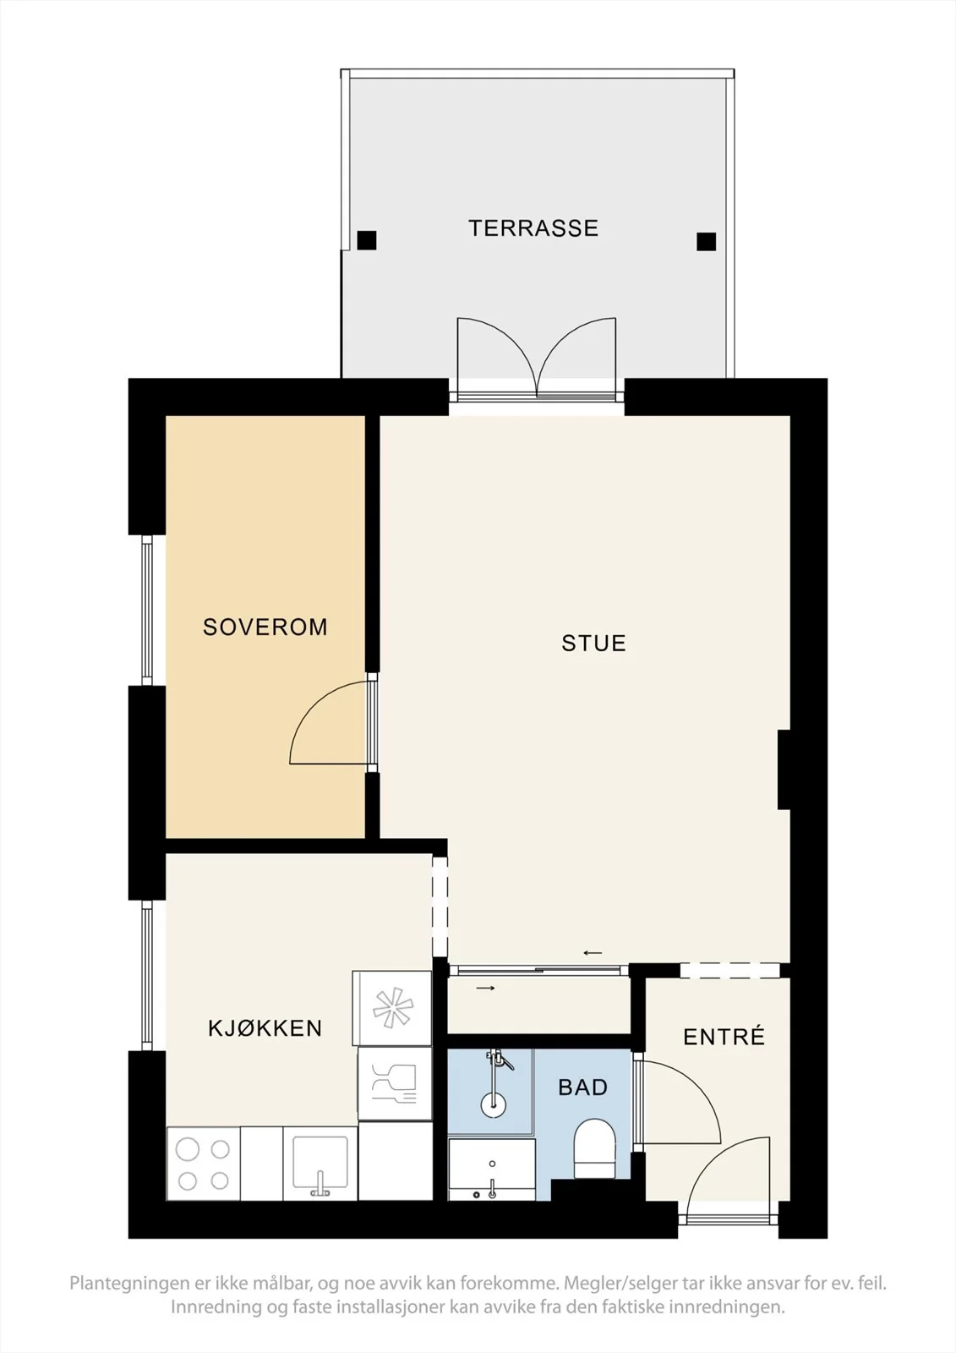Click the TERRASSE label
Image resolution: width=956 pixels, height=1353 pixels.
[533, 228]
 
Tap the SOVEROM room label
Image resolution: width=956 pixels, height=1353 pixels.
[265, 627]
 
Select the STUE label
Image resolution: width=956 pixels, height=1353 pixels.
[593, 644]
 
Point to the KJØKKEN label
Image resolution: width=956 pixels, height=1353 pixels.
[265, 1028]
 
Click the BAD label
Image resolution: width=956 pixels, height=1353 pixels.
[582, 1087]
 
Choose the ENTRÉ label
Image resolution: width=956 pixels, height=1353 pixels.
[724, 1037]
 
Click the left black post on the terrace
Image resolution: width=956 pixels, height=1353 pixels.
[367, 240]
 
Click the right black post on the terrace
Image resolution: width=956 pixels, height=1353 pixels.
[706, 242]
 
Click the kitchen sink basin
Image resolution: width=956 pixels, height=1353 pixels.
[320, 1162]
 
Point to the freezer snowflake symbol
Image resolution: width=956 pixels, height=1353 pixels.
[392, 1008]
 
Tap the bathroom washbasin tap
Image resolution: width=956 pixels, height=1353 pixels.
[493, 1189]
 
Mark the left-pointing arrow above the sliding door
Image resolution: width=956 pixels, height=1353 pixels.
[593, 953]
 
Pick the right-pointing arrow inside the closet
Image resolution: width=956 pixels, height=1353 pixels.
[485, 989]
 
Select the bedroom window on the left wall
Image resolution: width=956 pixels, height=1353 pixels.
[147, 610]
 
